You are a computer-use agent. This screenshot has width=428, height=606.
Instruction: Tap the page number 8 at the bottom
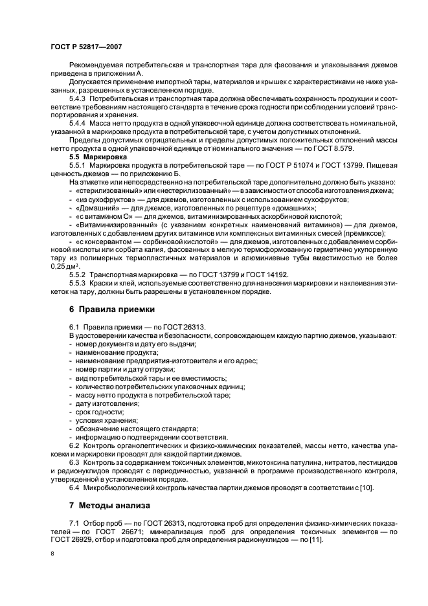point(52,554)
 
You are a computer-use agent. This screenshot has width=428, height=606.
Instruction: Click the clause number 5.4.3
point(79,98)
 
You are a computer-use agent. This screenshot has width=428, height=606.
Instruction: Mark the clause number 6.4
point(74,488)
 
